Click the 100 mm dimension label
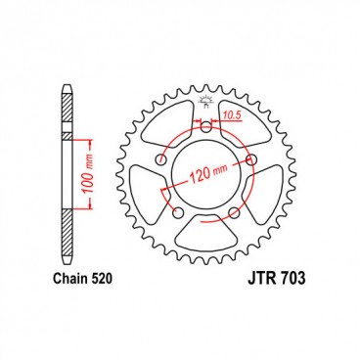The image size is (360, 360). [89, 173]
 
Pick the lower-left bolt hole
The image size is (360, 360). [177, 212]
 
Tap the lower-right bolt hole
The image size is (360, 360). [233, 212]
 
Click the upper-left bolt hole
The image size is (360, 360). [159, 160]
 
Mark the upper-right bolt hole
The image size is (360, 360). [249, 160]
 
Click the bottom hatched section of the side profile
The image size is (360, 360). [67, 240]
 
